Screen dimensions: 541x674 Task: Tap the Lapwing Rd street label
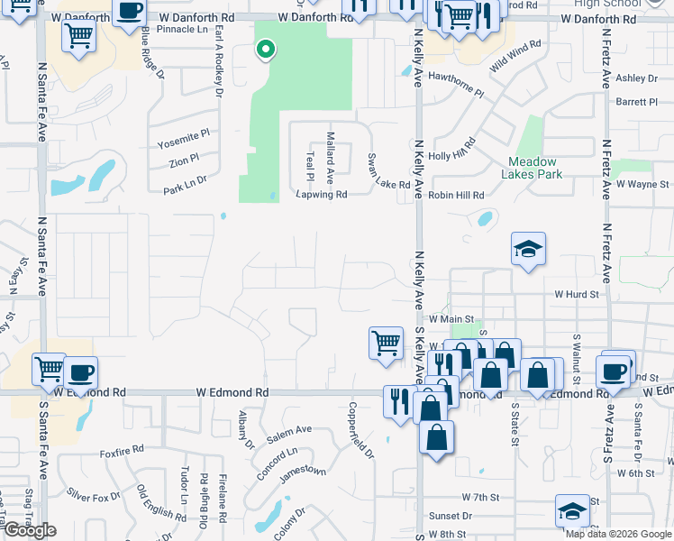(x=322, y=194)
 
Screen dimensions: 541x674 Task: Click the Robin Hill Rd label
(x=457, y=195)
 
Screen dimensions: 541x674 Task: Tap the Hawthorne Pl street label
(x=455, y=92)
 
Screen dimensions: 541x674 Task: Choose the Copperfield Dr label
(x=366, y=436)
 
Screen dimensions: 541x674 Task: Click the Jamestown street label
(x=304, y=471)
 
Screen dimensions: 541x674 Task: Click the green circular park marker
(x=265, y=50)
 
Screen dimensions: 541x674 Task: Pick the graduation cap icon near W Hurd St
(x=528, y=250)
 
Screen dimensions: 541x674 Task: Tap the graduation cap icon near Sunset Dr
(x=571, y=511)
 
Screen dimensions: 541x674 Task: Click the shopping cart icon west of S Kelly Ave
(x=386, y=343)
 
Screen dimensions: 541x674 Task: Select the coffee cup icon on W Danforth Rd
(x=130, y=10)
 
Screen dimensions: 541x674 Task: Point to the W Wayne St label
(x=642, y=184)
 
